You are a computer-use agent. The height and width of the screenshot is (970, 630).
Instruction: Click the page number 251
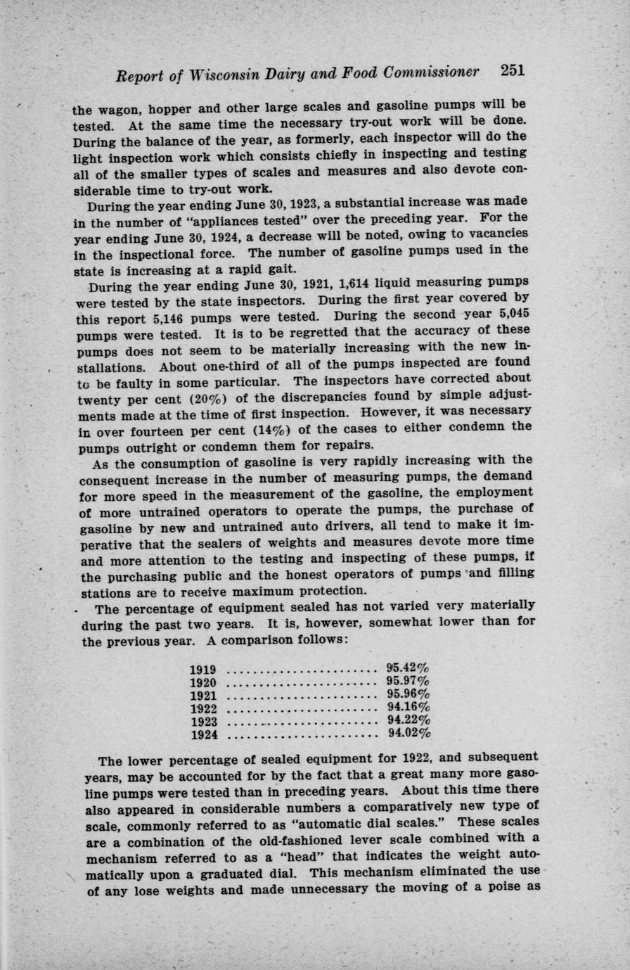(x=513, y=71)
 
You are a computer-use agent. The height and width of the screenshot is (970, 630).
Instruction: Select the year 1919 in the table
(x=204, y=670)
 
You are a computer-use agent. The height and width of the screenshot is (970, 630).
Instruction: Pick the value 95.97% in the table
(x=408, y=681)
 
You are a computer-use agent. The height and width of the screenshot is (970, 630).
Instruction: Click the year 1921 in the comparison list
(x=204, y=696)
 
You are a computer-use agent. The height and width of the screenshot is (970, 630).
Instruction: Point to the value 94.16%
(x=409, y=706)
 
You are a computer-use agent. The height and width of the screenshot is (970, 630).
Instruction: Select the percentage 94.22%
(x=409, y=720)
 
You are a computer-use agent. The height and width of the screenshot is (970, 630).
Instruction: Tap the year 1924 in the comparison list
(x=204, y=734)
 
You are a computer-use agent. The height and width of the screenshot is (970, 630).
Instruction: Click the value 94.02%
(x=409, y=733)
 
